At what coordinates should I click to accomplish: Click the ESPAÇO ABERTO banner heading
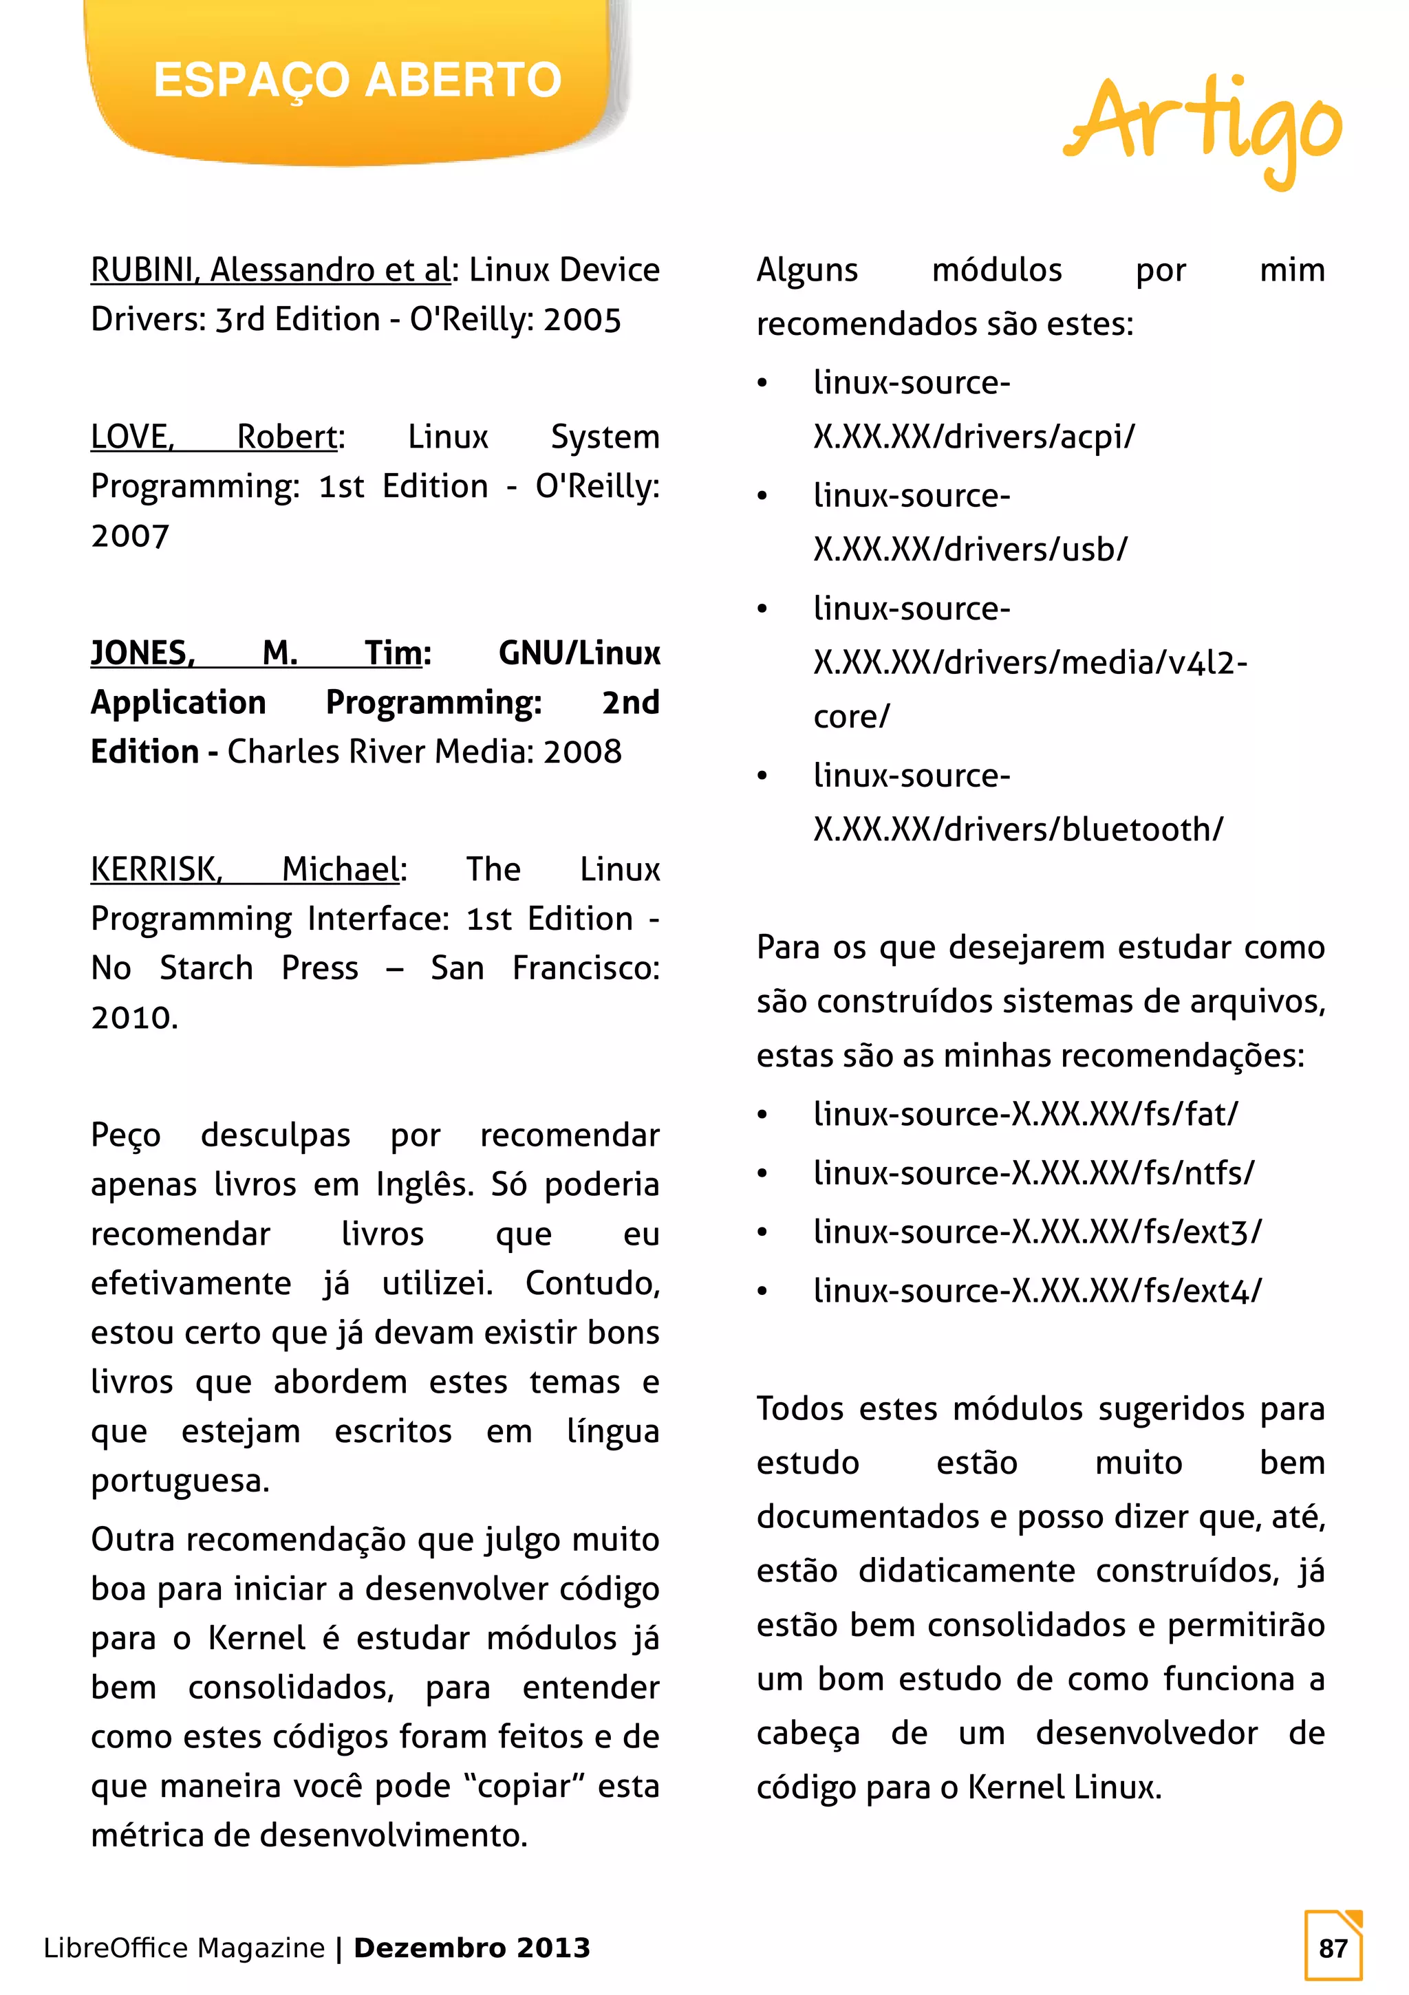357,80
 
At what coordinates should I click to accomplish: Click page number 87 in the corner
1333,1948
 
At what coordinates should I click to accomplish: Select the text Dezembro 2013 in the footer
472,1948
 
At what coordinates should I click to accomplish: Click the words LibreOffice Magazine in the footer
184,1948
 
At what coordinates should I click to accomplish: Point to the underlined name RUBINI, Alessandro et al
270,270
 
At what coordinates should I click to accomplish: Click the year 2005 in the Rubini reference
582,320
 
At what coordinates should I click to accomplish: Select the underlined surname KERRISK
156,869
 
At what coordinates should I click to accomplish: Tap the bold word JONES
142,653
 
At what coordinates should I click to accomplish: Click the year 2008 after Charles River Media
582,752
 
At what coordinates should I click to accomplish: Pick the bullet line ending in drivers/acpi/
974,436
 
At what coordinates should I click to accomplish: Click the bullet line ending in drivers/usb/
970,549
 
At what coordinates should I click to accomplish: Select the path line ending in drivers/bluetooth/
1017,830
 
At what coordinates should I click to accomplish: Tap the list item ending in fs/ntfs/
1033,1174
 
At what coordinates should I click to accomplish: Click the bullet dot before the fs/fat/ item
762,1115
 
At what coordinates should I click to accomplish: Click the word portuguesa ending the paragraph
180,1481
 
